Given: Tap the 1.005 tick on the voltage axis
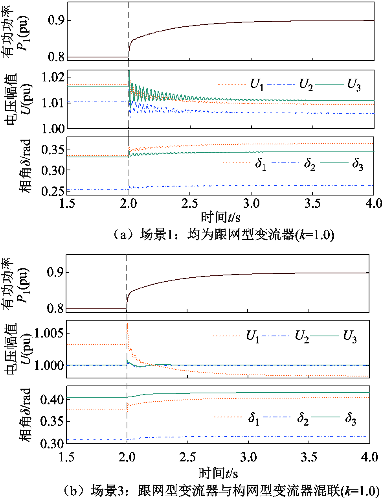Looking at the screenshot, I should [49, 333].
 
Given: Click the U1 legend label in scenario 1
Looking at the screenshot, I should [257, 85].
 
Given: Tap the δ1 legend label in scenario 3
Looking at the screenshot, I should [253, 418].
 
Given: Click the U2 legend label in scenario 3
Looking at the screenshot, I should [301, 337].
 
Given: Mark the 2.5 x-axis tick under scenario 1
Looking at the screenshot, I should [190, 203].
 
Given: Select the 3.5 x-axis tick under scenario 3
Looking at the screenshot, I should [309, 457].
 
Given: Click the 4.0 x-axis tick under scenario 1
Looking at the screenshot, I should [373, 203].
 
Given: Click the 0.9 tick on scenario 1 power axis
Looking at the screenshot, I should [56, 20].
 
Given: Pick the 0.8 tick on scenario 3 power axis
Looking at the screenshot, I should [55, 309].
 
